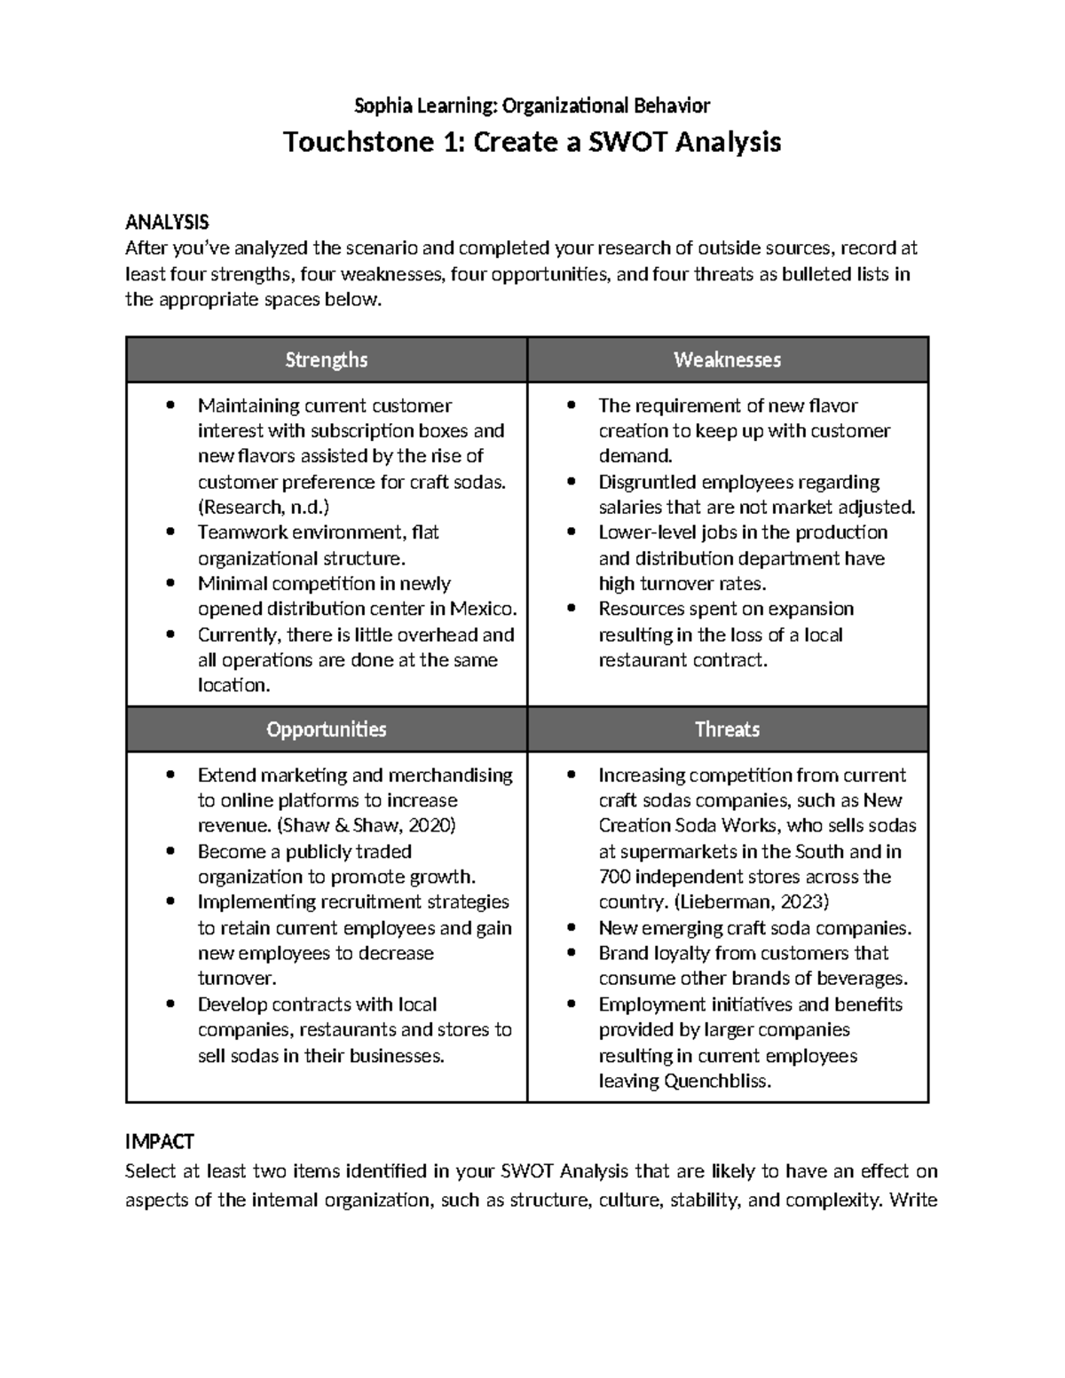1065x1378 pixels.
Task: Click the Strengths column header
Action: point(326,359)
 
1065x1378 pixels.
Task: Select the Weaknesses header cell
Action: point(727,359)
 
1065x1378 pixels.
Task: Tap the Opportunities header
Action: point(326,729)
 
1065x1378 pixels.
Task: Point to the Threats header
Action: point(727,729)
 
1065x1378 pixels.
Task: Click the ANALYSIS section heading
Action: point(167,222)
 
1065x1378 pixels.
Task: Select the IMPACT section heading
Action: point(160,1141)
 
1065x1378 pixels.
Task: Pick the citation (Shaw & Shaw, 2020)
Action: point(367,825)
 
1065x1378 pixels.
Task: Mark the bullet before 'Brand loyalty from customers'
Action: point(572,954)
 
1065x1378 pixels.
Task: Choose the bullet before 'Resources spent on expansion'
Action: point(572,610)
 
